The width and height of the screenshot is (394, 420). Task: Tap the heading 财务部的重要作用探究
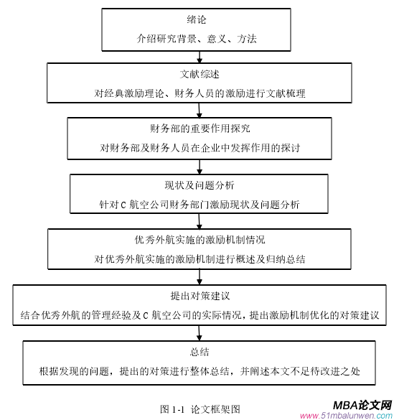200,129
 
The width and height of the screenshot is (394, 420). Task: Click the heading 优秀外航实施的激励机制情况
200,240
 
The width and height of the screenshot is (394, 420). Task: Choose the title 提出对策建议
200,296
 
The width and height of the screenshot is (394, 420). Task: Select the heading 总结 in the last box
200,352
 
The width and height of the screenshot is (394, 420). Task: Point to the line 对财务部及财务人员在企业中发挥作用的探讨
200,148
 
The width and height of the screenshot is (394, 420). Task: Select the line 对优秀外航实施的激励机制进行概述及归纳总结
200,259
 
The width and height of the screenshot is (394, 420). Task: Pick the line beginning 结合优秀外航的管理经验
200,315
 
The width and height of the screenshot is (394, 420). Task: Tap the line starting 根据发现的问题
200,371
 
